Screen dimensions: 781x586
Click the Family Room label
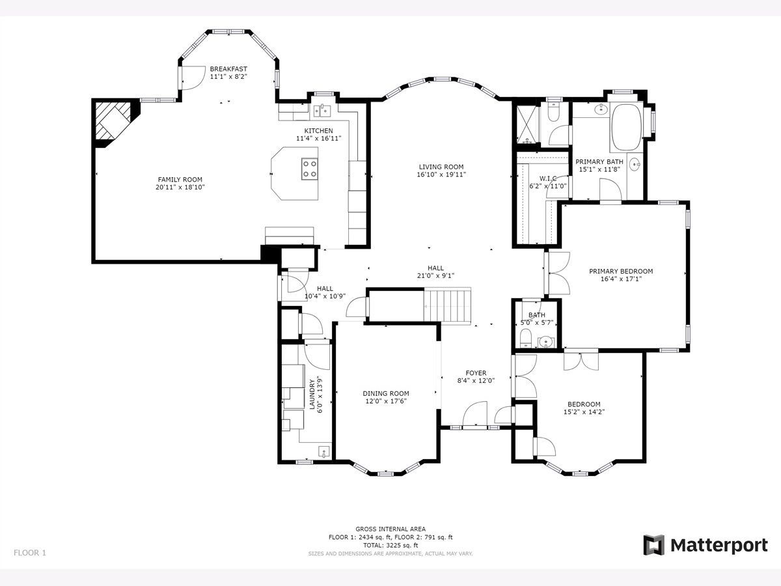pos(180,180)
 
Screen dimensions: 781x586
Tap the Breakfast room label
pos(228,69)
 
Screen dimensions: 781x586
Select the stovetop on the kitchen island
pos(310,169)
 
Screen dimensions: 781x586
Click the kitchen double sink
pos(322,111)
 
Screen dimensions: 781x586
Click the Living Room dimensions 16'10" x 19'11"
pos(441,174)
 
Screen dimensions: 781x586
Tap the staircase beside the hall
pos(448,306)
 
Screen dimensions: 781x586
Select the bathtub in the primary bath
pos(627,127)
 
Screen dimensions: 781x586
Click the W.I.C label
pos(548,178)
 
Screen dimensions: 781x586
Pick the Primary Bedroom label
pos(621,272)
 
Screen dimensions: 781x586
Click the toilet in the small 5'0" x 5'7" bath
pos(525,338)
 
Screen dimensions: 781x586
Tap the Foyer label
pos(476,373)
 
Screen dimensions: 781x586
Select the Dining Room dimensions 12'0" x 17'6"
pos(386,401)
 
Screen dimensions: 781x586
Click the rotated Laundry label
pos(312,394)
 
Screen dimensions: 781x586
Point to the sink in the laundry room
pos(323,451)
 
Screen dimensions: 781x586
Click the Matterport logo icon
pos(654,545)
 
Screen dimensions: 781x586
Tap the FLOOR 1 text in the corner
pos(30,553)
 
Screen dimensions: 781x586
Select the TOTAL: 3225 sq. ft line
pos(390,545)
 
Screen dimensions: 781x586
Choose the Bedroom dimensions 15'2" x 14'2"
pos(584,412)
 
